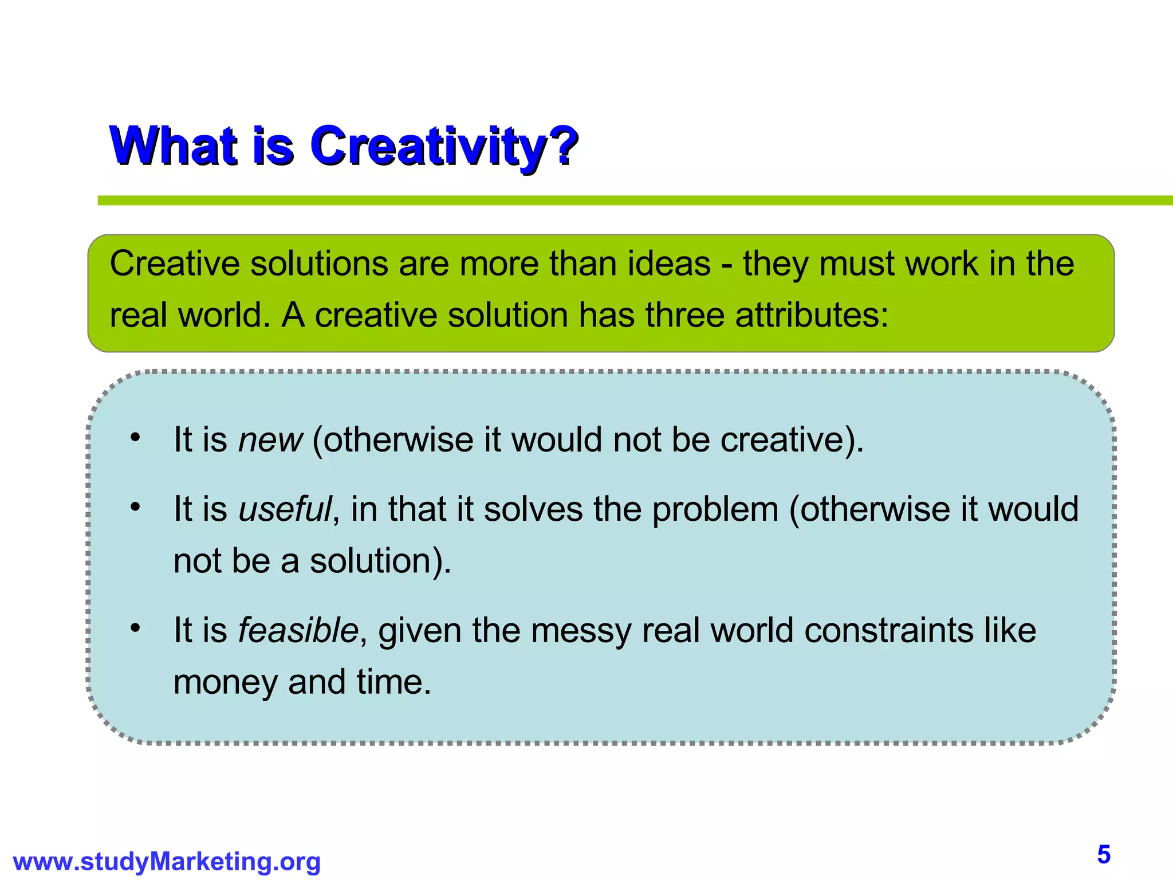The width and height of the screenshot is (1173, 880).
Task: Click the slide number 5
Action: point(1104,855)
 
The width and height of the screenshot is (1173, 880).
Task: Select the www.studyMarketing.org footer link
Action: point(167,862)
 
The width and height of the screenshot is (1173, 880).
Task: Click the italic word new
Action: point(270,440)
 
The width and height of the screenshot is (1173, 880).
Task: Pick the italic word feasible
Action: point(298,630)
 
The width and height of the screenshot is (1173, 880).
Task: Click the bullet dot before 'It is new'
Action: point(135,438)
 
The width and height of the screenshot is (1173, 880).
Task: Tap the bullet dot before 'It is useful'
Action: point(135,507)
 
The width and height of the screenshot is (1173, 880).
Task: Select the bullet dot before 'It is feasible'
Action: point(135,628)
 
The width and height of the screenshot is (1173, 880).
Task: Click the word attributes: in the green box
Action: point(812,315)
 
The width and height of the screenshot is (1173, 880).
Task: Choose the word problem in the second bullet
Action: point(715,509)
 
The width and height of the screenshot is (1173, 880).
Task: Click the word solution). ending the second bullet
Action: point(380,561)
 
